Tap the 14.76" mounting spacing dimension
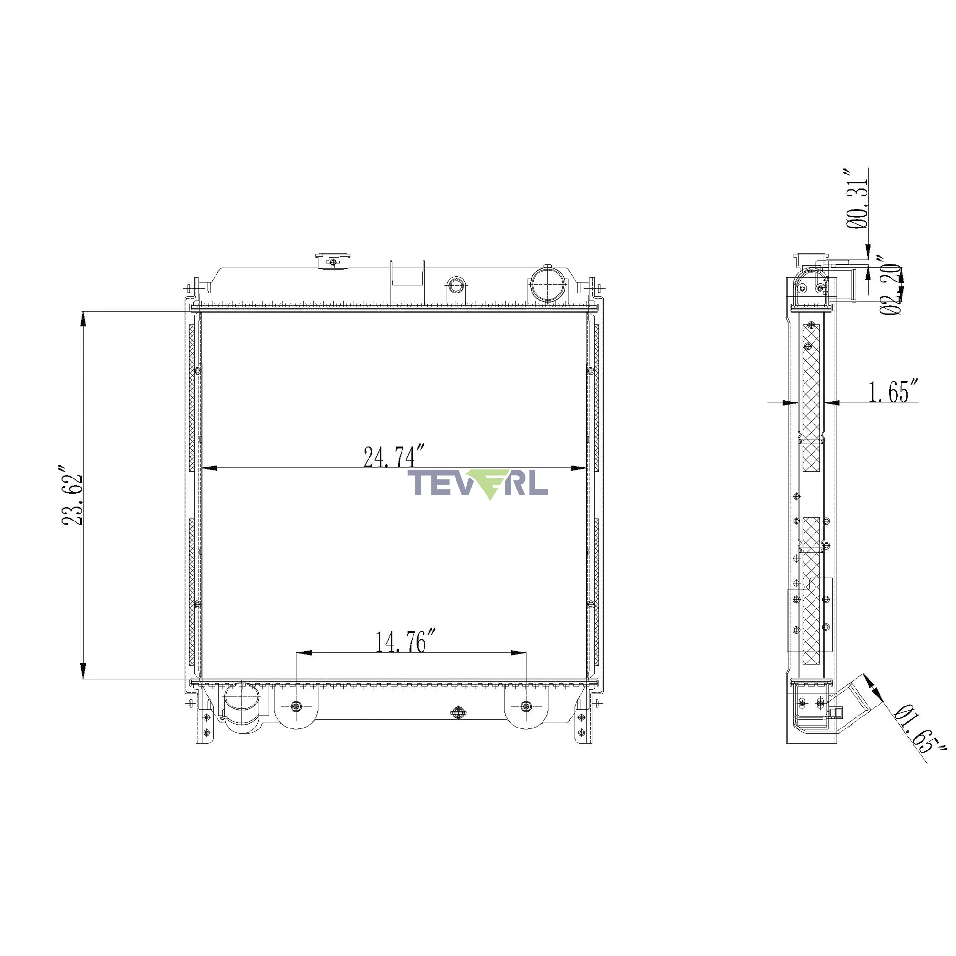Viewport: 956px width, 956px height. click(406, 642)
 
